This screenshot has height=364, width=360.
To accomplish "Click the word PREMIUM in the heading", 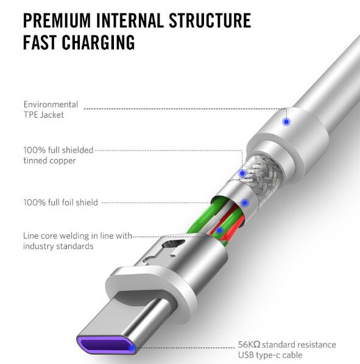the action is pyautogui.click(x=57, y=20).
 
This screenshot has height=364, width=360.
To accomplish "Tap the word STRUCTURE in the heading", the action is pyautogui.click(x=210, y=20).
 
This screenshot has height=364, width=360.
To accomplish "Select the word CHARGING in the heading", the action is pyautogui.click(x=98, y=42).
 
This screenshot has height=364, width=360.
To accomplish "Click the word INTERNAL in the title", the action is pyautogui.click(x=130, y=20).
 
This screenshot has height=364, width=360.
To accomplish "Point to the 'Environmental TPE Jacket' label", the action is pyautogui.click(x=51, y=109).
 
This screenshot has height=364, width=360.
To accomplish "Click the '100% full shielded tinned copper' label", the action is pyautogui.click(x=58, y=155).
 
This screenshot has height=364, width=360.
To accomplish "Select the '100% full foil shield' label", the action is pyautogui.click(x=60, y=202).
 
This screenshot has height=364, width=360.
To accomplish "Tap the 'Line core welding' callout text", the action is pyautogui.click(x=77, y=241).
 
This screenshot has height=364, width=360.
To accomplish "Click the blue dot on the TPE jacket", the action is pyautogui.click(x=287, y=122).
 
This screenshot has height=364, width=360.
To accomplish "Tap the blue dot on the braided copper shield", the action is pyautogui.click(x=242, y=173).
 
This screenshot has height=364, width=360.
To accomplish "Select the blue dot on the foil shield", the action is pyautogui.click(x=245, y=203).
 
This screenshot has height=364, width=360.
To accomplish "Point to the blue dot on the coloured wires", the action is pyautogui.click(x=219, y=230).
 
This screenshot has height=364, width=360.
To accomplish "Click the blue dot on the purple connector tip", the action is pyautogui.click(x=132, y=348).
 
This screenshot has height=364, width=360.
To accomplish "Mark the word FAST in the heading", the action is pyautogui.click(x=40, y=42).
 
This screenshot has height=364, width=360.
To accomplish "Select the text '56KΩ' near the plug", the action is pyautogui.click(x=249, y=344).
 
